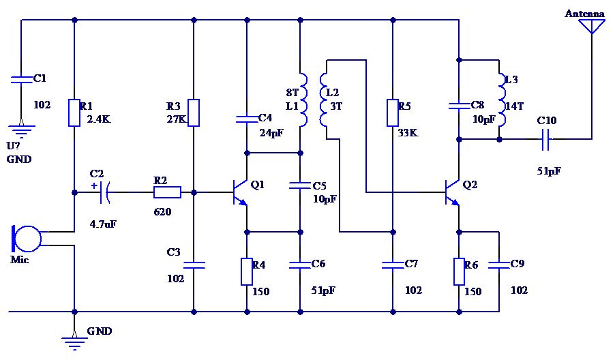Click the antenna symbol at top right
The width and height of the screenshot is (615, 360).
click(x=591, y=26)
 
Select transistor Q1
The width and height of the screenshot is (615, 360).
click(x=239, y=192)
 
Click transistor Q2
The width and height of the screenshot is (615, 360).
click(x=453, y=192)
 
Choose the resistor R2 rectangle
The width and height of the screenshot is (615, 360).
click(x=167, y=192)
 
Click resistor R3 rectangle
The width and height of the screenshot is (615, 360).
click(x=194, y=112)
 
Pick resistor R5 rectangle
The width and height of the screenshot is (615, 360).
click(x=393, y=112)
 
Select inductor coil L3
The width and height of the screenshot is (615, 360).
click(x=502, y=100)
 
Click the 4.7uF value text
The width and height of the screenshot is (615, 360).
click(x=103, y=223)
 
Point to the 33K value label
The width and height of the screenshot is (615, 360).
click(x=408, y=133)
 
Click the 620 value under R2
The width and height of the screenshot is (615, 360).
click(x=162, y=212)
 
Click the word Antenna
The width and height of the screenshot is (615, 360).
click(x=584, y=14)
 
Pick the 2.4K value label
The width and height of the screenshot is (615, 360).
click(x=99, y=119)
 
